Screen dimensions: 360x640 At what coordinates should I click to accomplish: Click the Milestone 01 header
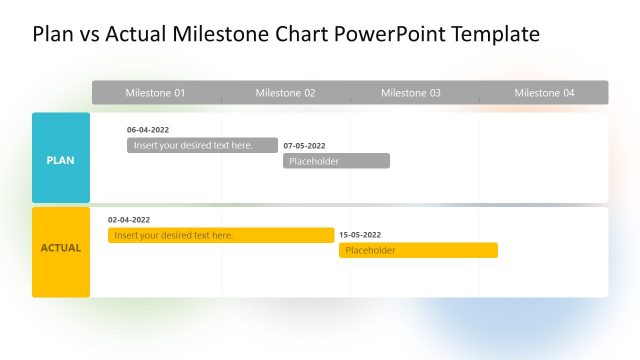tap(155, 93)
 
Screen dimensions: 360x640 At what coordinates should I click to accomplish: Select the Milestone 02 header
tap(285, 93)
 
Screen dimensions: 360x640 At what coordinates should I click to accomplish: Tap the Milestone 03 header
tap(410, 93)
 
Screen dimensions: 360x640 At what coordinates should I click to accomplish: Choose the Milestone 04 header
tap(544, 93)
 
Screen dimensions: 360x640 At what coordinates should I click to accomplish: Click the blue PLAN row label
tap(61, 159)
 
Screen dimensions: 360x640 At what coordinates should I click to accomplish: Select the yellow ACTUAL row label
tap(61, 248)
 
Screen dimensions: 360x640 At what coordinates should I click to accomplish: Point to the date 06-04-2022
tap(148, 130)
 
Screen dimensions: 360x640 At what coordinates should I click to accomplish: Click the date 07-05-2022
tap(304, 146)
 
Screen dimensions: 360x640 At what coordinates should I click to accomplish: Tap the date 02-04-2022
tap(129, 220)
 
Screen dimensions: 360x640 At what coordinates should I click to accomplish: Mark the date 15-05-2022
tap(360, 235)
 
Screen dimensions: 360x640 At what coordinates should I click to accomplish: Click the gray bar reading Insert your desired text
tap(202, 145)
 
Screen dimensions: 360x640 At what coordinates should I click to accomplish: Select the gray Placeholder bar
tap(336, 161)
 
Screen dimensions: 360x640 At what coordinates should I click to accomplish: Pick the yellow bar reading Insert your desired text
tap(221, 235)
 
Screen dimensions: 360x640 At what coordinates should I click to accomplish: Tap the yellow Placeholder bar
tap(418, 250)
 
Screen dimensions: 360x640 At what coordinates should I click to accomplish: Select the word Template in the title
tap(495, 34)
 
